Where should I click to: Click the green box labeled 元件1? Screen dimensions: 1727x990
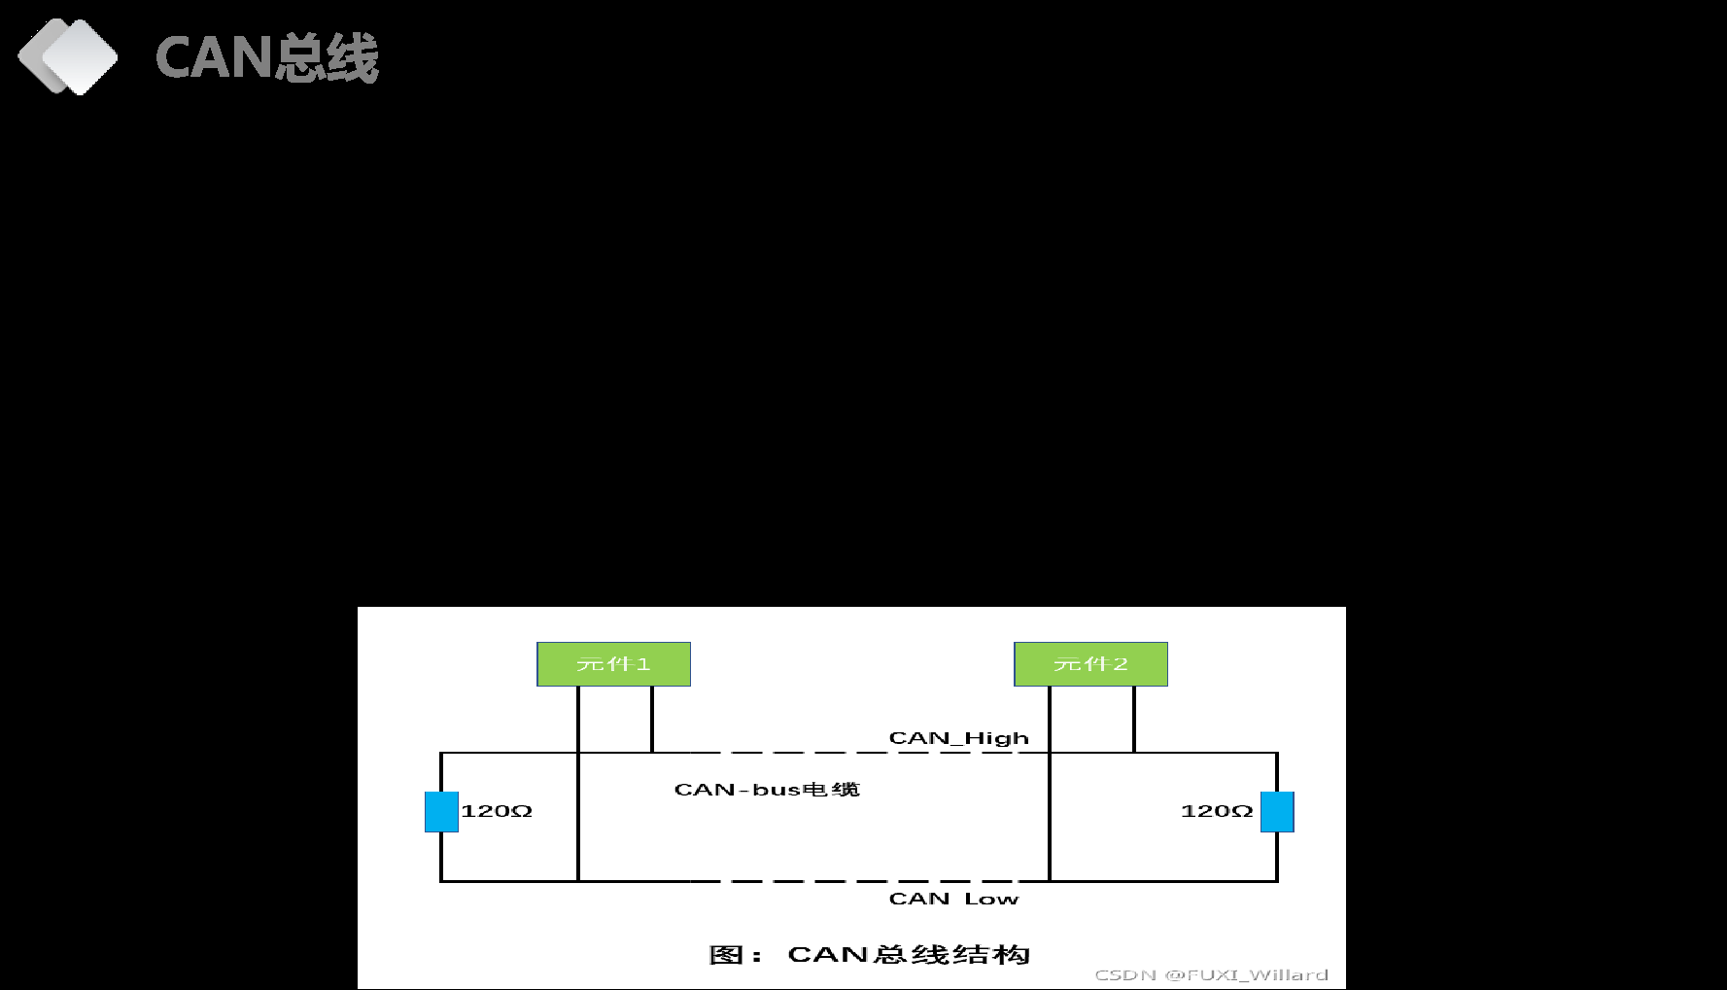(x=613, y=664)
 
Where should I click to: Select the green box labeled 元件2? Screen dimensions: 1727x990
(x=1090, y=664)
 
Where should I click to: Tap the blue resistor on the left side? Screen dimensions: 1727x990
(x=441, y=812)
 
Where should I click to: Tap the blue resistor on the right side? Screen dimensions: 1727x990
(x=1277, y=812)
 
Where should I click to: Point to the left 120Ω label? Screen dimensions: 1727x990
(x=497, y=811)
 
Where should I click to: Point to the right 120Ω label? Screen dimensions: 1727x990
(x=1217, y=811)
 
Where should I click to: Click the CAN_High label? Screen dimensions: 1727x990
(x=958, y=738)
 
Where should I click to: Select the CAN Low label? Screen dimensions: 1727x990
(x=953, y=899)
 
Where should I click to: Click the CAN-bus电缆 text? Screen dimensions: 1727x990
(x=767, y=790)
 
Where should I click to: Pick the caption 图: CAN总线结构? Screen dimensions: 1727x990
(x=869, y=955)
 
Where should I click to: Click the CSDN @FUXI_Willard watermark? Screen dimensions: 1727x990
(x=1211, y=974)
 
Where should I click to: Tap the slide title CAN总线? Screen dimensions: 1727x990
(x=266, y=57)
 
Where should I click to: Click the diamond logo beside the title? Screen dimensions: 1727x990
(x=68, y=56)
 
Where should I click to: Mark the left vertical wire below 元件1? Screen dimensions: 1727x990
(x=578, y=720)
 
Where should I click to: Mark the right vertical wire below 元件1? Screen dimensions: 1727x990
(x=652, y=720)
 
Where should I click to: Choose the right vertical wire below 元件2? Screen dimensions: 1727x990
(x=1134, y=720)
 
